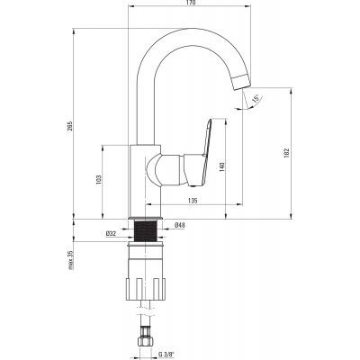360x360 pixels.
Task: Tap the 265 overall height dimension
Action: (70, 126)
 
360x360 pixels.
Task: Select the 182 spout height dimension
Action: (286, 152)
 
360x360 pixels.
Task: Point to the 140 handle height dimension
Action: (222, 166)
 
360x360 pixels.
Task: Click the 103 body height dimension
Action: (99, 179)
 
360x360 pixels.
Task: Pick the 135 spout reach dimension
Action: (193, 201)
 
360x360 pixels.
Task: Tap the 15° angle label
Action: (256, 99)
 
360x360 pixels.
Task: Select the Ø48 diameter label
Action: (179, 225)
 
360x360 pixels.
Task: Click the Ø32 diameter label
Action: (111, 233)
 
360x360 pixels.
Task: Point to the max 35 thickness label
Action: (70, 260)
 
